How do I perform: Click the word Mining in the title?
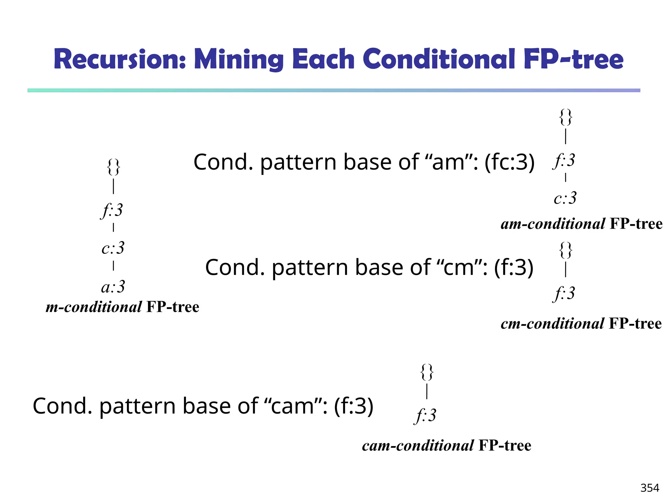point(239,59)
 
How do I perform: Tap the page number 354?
point(649,488)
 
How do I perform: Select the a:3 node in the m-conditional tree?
point(113,287)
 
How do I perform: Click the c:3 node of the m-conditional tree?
point(113,248)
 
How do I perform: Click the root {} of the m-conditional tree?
point(113,167)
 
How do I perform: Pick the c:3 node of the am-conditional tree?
point(565,198)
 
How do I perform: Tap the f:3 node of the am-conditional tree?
point(564,160)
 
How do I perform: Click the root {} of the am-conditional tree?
point(566,117)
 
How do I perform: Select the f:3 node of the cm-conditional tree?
point(564,293)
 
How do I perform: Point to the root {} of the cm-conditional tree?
point(566,250)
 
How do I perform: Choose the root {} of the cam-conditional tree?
point(427,372)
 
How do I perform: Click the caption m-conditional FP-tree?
point(122,307)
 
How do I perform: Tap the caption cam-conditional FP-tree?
point(446,445)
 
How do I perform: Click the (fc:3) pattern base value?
point(509,162)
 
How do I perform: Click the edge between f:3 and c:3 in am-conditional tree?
point(566,178)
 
